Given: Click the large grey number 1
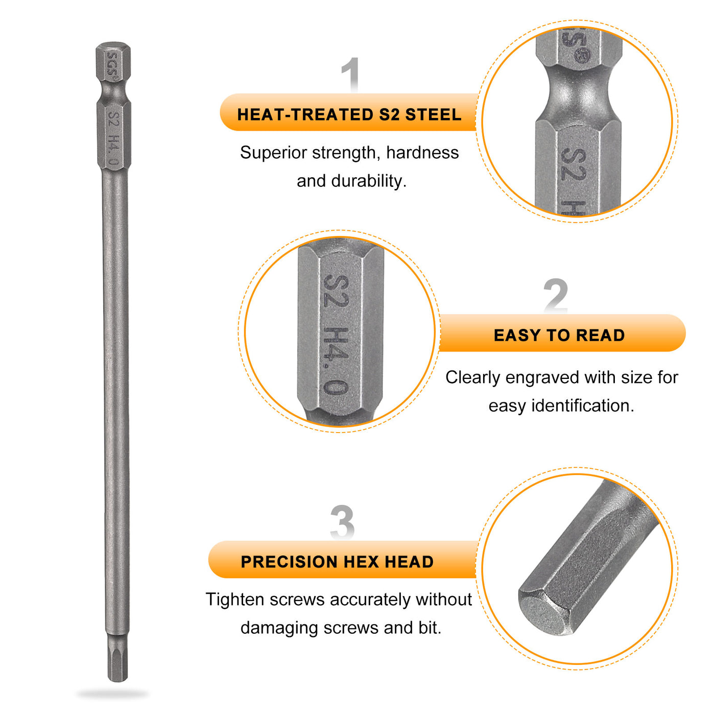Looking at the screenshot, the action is pos(350,75).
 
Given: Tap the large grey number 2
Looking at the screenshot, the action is pos(555,296).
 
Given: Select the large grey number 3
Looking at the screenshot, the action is pos(342,521).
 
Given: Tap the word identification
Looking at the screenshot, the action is pos(583,405).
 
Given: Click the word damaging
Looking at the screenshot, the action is pos(279,628).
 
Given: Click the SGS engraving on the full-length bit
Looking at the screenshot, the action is pos(113,66).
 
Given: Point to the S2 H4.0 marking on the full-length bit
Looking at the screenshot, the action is pos(114,138).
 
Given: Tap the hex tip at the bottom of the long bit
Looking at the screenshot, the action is pos(117,657).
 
